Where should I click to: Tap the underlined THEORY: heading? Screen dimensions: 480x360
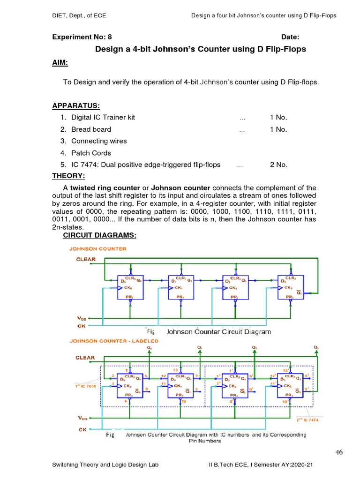tap(68, 176)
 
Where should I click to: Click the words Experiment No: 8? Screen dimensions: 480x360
tap(82, 37)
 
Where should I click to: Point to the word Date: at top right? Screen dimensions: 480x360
tap(290, 37)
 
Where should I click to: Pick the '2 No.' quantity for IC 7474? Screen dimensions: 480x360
tap(278, 165)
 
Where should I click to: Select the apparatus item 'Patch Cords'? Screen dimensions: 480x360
tap(91, 153)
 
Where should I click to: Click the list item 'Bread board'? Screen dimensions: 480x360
tap(91, 129)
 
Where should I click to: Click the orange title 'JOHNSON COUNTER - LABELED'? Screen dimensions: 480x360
tap(114, 341)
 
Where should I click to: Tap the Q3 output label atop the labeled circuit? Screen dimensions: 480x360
tap(316, 347)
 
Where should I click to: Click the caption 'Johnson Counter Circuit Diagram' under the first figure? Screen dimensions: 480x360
tap(218, 332)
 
